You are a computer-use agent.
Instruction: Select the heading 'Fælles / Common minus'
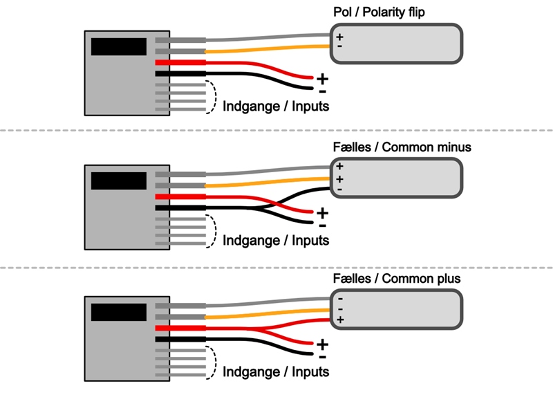[x=402, y=147]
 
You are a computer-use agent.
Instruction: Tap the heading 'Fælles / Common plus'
[x=396, y=279]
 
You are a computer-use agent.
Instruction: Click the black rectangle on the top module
[x=119, y=47]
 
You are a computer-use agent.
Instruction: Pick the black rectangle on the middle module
[x=119, y=181]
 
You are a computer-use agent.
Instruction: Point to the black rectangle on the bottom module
[x=119, y=311]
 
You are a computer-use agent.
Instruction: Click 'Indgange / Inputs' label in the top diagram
[x=276, y=107]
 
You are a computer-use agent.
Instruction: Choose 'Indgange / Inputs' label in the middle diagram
[x=276, y=240]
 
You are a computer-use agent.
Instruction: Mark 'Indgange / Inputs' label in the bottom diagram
[x=276, y=371]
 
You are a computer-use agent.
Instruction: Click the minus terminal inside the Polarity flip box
[x=339, y=46]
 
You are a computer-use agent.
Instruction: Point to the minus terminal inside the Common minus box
[x=339, y=190]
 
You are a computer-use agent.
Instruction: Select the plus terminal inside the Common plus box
[x=339, y=320]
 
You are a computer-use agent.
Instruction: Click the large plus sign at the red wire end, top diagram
[x=322, y=79]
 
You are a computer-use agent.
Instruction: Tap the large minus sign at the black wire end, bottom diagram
[x=322, y=356]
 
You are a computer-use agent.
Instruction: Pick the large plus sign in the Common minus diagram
[x=322, y=212]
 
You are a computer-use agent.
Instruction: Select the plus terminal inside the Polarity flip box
[x=339, y=36]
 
